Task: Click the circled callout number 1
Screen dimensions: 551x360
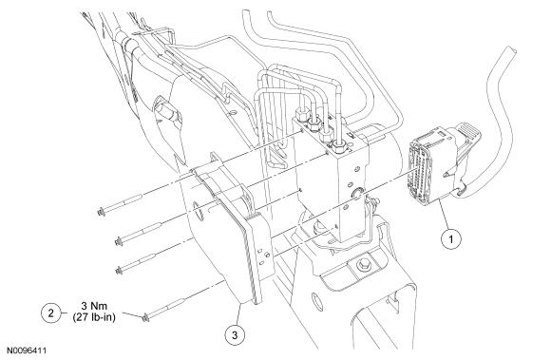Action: [x=451, y=238]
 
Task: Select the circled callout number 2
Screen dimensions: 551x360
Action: [x=51, y=313]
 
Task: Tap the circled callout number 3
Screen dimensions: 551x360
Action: [x=235, y=334]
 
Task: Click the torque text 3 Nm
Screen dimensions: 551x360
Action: [x=94, y=306]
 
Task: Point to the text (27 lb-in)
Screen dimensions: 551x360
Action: [x=94, y=317]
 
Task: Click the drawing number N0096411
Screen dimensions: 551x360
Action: [x=27, y=351]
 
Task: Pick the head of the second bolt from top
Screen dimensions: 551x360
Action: [x=119, y=242]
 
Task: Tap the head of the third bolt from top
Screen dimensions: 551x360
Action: [x=119, y=271]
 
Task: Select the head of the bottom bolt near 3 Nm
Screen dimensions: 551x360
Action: [x=145, y=318]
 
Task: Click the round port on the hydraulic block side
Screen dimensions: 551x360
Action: [x=358, y=193]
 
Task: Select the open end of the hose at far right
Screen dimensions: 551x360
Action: [x=510, y=51]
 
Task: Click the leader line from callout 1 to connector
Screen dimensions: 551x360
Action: [x=444, y=215]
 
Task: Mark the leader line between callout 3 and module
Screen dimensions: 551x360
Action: [x=237, y=314]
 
